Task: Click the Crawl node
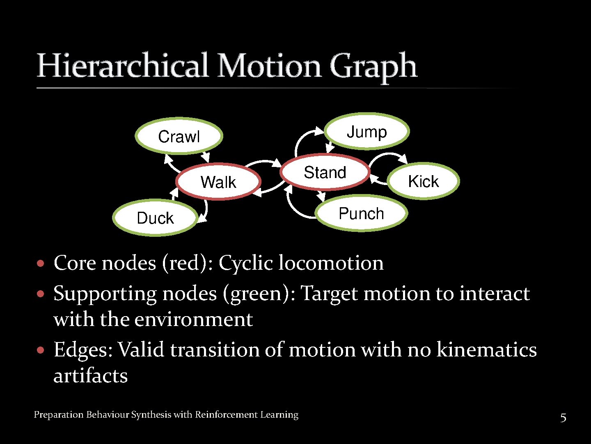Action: [179, 136]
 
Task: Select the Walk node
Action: [218, 182]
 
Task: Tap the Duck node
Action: [155, 218]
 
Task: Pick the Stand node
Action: [325, 172]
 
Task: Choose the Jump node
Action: [367, 132]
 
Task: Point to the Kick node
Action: [424, 181]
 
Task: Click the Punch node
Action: [361, 213]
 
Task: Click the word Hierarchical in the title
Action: [122, 66]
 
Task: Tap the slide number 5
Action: [564, 418]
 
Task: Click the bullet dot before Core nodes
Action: [40, 263]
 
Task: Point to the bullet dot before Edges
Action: [40, 350]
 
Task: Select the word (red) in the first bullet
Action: [187, 263]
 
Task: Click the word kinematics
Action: [486, 350]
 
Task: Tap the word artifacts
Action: [91, 376]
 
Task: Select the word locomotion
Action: [331, 263]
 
